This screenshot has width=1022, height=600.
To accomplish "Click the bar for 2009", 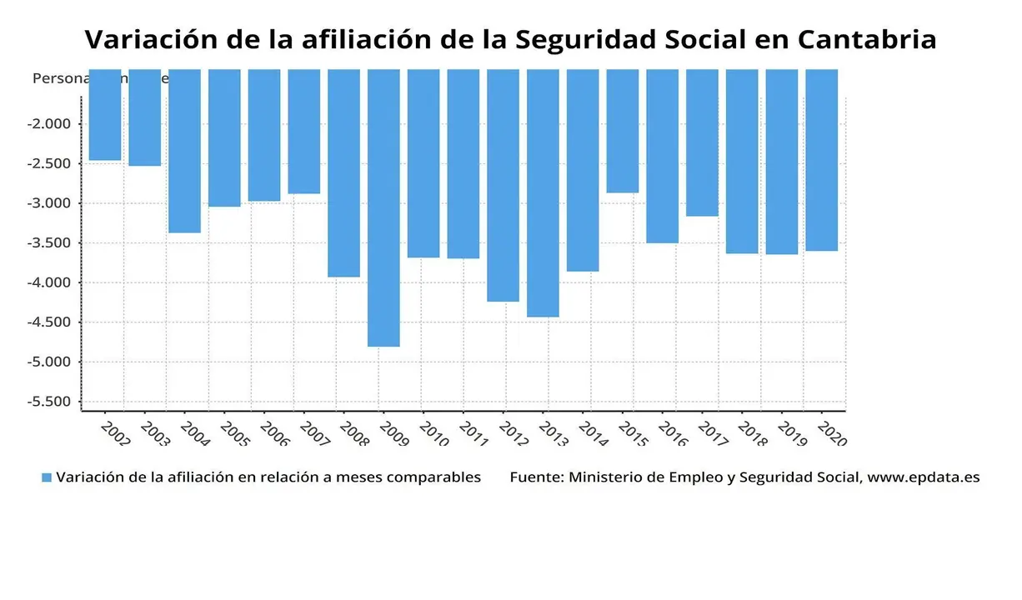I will click(x=383, y=207).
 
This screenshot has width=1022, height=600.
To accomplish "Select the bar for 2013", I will click(x=543, y=192).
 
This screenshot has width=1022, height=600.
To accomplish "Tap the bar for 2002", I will click(x=105, y=114).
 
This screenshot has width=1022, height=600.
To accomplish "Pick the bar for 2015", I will click(x=623, y=131).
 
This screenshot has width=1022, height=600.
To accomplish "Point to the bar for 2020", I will click(x=821, y=160).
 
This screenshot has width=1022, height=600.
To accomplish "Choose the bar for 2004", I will click(x=184, y=151).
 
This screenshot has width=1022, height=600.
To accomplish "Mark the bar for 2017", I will click(x=702, y=142).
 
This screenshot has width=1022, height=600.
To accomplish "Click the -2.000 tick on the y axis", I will click(x=50, y=124).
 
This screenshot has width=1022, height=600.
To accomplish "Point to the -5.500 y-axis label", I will click(x=50, y=402).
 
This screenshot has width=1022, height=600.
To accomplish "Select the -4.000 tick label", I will click(x=50, y=282).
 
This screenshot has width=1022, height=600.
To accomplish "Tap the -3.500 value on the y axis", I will click(x=50, y=243).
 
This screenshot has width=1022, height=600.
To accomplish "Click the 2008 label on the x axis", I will click(x=353, y=432).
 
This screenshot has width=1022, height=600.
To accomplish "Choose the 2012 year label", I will click(x=513, y=432).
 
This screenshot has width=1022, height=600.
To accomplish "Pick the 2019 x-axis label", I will click(x=791, y=432).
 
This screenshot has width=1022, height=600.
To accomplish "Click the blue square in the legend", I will click(x=47, y=477).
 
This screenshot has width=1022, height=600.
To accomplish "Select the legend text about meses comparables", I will click(x=268, y=477).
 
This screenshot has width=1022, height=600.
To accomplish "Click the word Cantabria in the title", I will click(x=867, y=39).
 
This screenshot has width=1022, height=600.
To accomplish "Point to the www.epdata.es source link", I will click(x=924, y=477).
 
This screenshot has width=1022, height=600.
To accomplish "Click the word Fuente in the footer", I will click(x=536, y=477).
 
